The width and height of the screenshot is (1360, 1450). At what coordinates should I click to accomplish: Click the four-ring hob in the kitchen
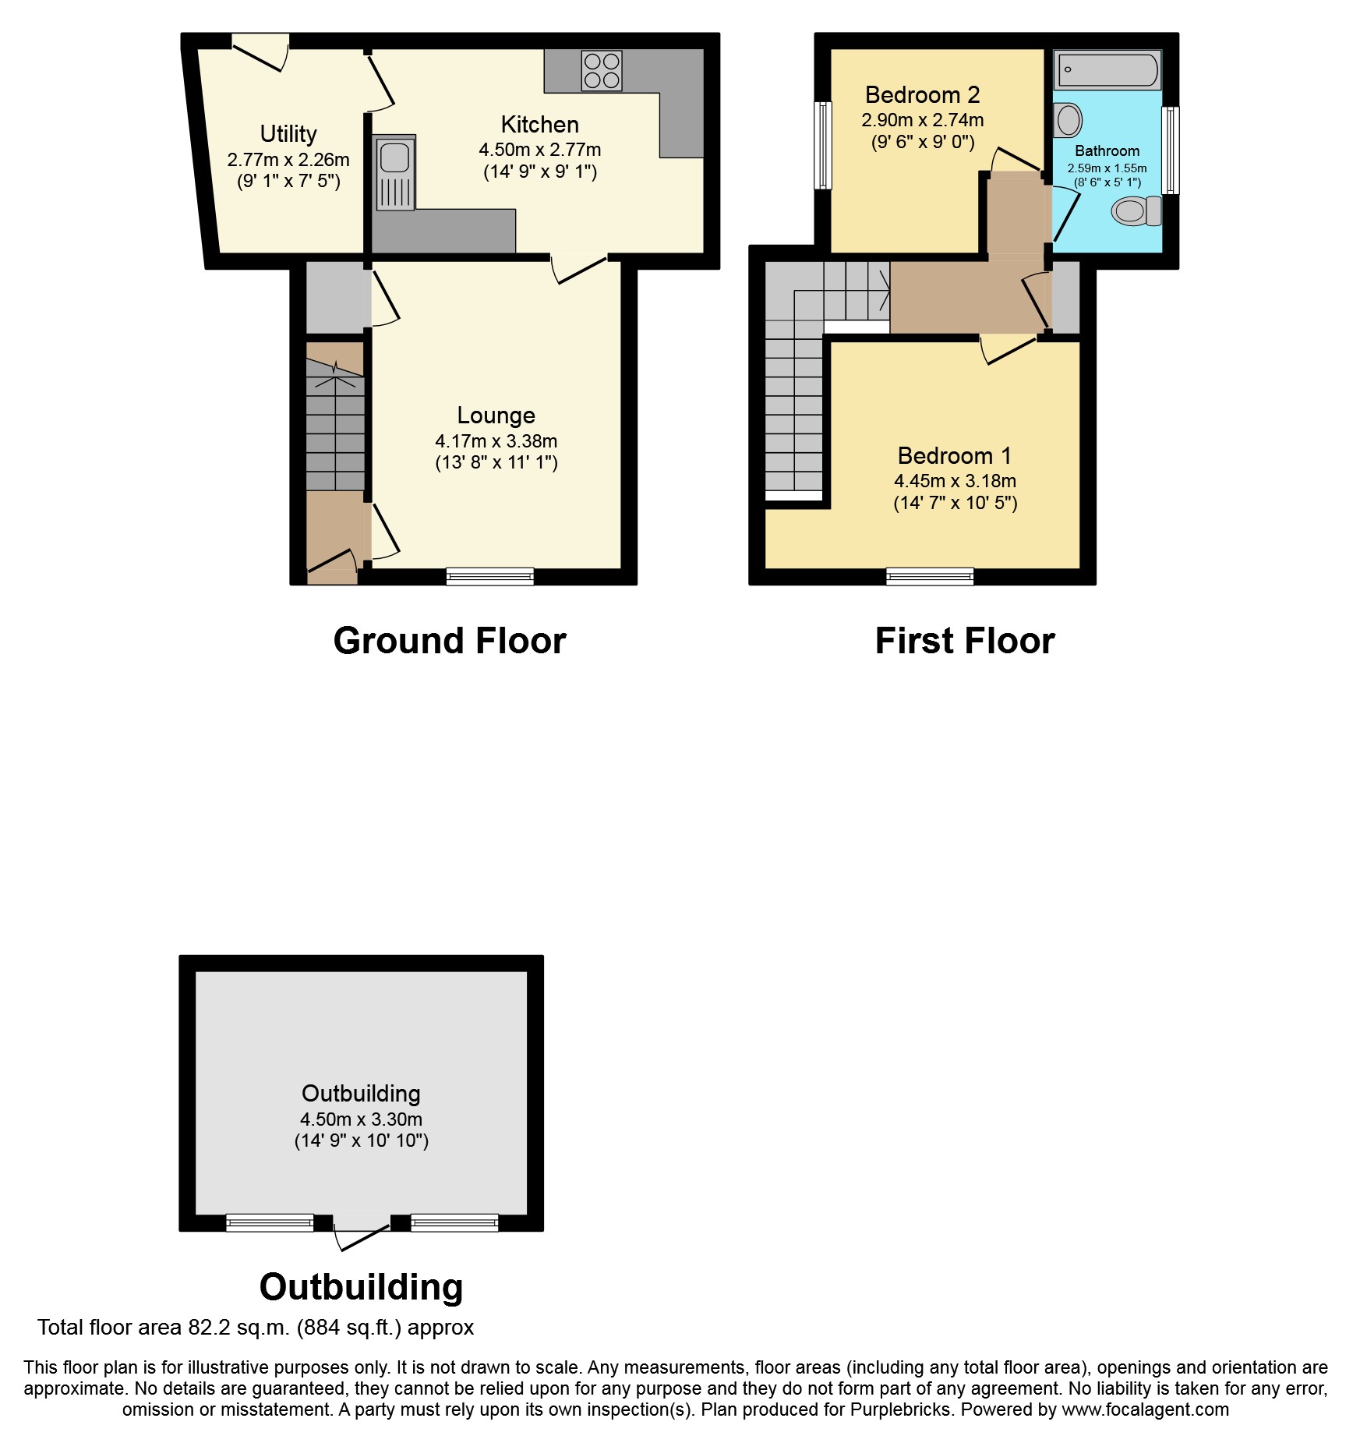(602, 70)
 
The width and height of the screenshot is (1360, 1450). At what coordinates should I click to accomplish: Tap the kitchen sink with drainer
(395, 173)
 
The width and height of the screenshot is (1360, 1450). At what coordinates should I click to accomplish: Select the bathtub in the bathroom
(1107, 70)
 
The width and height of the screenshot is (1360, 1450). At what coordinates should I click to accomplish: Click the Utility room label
(288, 134)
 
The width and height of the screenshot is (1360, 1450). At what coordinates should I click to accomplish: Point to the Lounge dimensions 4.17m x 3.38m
(496, 441)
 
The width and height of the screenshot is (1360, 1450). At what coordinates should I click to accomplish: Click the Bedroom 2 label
(922, 95)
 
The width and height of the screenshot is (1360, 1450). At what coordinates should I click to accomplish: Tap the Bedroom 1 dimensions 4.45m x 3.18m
(955, 481)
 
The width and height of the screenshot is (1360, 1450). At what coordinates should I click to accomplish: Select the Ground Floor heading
(450, 641)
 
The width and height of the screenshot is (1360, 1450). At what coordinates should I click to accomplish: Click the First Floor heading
(965, 641)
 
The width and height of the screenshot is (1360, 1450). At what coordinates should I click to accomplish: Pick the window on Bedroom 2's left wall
(823, 145)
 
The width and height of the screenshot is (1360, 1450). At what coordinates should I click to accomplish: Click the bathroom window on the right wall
(1170, 150)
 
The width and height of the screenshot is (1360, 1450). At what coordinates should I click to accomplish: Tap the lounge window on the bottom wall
(490, 576)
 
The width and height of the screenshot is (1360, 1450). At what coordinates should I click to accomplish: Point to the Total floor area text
(256, 1328)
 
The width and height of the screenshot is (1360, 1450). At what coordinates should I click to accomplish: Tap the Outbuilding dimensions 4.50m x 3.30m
(362, 1119)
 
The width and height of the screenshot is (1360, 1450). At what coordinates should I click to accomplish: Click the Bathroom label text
(1107, 151)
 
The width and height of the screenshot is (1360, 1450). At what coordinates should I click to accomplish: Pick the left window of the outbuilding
(270, 1222)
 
